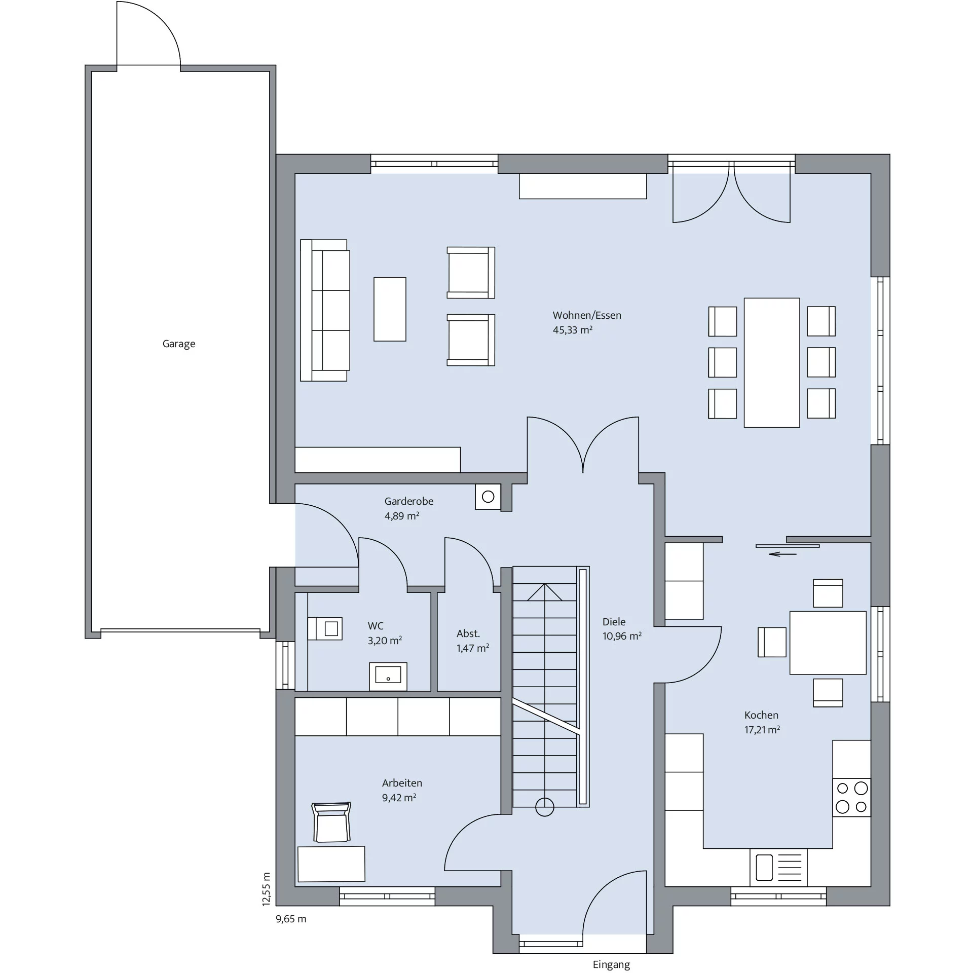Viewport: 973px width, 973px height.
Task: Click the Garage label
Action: coord(179,344)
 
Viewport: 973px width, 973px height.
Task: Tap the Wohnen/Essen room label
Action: coord(587,315)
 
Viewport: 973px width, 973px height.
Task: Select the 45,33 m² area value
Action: coord(573,330)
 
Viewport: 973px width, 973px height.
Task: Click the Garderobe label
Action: coord(409,501)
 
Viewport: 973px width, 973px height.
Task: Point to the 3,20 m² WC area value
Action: coord(385,641)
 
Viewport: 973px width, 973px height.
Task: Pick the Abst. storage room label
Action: coord(468,633)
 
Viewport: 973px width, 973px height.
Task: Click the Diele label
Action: coord(614,622)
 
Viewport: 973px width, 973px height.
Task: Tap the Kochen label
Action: coord(761,715)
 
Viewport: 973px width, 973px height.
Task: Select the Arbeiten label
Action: coord(402,783)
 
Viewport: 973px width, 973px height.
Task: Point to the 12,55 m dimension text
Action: coord(267,889)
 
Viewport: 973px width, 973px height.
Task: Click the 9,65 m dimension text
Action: coord(291,919)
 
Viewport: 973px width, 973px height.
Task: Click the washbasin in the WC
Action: coord(388,676)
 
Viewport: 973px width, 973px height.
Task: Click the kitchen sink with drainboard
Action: coord(778,867)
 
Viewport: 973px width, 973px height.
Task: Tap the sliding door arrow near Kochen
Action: coord(782,554)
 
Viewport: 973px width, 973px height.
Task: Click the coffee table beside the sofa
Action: coord(390,309)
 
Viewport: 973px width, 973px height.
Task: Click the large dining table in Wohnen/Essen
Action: coord(772,363)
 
